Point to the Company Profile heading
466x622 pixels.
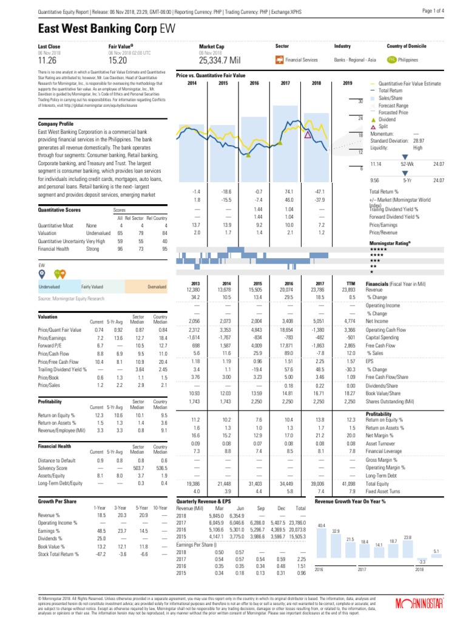point(58,124)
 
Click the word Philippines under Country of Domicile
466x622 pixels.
point(411,60)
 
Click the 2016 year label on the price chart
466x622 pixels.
point(254,83)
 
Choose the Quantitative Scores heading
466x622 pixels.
point(60,210)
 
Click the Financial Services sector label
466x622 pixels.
point(302,60)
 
